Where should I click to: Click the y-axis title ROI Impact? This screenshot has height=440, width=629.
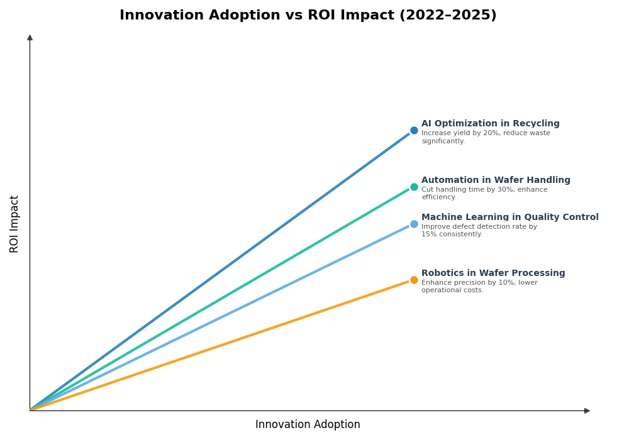click(x=14, y=224)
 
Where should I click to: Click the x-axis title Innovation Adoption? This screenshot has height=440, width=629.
click(x=308, y=425)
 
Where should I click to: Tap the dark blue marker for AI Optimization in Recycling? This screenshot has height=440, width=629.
click(x=414, y=131)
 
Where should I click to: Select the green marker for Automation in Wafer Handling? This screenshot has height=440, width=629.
click(x=414, y=187)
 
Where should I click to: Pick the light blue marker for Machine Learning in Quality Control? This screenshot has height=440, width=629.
click(x=414, y=224)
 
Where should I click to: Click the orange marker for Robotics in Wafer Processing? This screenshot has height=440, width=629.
click(x=414, y=280)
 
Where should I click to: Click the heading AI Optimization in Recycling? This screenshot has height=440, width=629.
click(x=490, y=124)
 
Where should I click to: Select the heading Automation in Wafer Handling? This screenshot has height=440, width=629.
click(x=496, y=180)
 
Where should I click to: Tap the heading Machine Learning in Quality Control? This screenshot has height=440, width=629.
click(x=509, y=217)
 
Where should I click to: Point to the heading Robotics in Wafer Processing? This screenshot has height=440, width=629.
click(x=493, y=273)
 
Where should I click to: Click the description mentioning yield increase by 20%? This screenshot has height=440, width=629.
click(x=486, y=137)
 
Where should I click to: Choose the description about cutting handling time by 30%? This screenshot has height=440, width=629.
click(x=484, y=194)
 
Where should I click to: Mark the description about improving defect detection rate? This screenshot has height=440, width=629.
click(x=479, y=231)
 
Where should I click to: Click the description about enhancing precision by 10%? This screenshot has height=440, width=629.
click(x=479, y=287)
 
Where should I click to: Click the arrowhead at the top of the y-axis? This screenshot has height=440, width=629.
click(x=30, y=38)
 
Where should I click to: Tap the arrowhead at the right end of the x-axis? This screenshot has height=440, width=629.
click(x=587, y=410)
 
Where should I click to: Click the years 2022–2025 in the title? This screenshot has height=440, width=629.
click(x=447, y=16)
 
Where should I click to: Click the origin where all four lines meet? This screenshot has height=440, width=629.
click(x=30, y=410)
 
